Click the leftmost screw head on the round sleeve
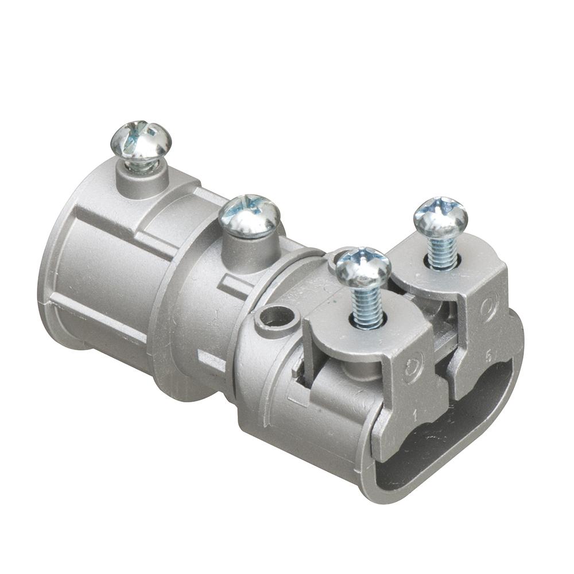click(141, 140)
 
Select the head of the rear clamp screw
click(441, 216)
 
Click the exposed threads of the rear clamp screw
click(443, 253)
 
